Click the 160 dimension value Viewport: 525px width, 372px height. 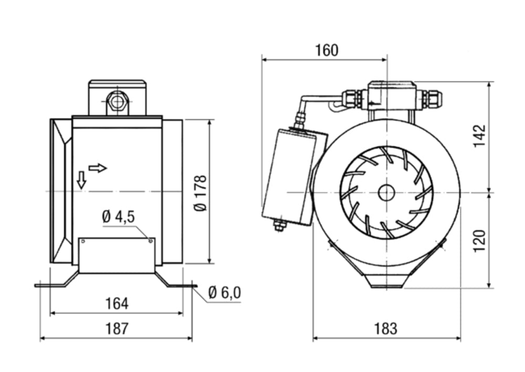[x=327, y=50]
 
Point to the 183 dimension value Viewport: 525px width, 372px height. [x=386, y=329]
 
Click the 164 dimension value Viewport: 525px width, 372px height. [x=117, y=304]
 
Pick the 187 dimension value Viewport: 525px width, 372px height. [x=117, y=329]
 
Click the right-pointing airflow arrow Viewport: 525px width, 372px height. [x=98, y=168]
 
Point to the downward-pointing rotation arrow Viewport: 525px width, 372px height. [x=81, y=180]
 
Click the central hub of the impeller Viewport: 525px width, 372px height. [x=386, y=193]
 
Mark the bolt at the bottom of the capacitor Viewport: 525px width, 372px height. [x=279, y=225]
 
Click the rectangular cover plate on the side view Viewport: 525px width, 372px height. [x=117, y=255]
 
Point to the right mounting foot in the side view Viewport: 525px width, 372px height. [x=176, y=283]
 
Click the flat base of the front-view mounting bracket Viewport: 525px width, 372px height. [x=386, y=284]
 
